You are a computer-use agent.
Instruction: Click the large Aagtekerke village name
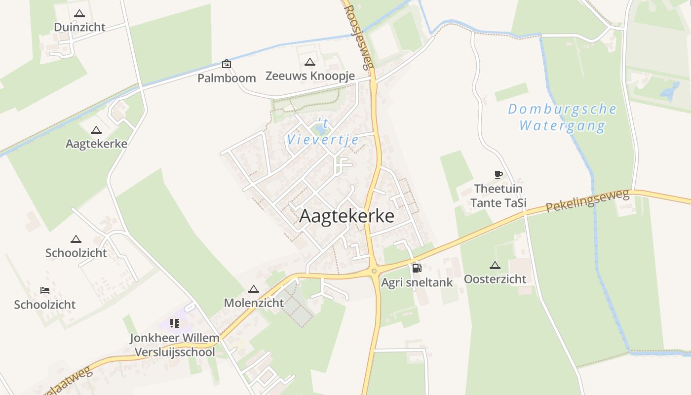click(346, 216)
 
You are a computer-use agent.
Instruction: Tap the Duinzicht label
click(79, 27)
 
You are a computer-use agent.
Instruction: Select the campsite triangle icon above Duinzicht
click(79, 14)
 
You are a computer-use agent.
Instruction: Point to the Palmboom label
click(227, 78)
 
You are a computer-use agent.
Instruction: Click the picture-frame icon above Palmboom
click(227, 64)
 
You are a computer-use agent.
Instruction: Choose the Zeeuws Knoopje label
click(310, 76)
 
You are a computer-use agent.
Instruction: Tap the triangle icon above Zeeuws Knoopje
click(310, 62)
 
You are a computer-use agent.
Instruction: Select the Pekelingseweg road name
click(587, 201)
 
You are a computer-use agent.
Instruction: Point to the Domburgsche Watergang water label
click(562, 117)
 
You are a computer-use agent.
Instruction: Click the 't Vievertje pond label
click(323, 133)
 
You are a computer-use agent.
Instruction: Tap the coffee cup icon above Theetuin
click(498, 174)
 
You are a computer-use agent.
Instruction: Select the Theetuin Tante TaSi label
click(498, 196)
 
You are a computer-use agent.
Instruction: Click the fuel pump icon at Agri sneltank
click(417, 268)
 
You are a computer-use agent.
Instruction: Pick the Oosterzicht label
click(495, 279)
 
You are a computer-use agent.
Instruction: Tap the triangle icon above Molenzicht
click(254, 289)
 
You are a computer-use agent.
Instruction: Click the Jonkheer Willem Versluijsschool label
click(175, 345)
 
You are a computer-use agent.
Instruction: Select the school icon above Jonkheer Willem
click(174, 323)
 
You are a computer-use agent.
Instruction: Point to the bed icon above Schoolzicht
click(44, 290)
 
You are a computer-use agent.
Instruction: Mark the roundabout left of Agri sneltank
click(374, 271)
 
